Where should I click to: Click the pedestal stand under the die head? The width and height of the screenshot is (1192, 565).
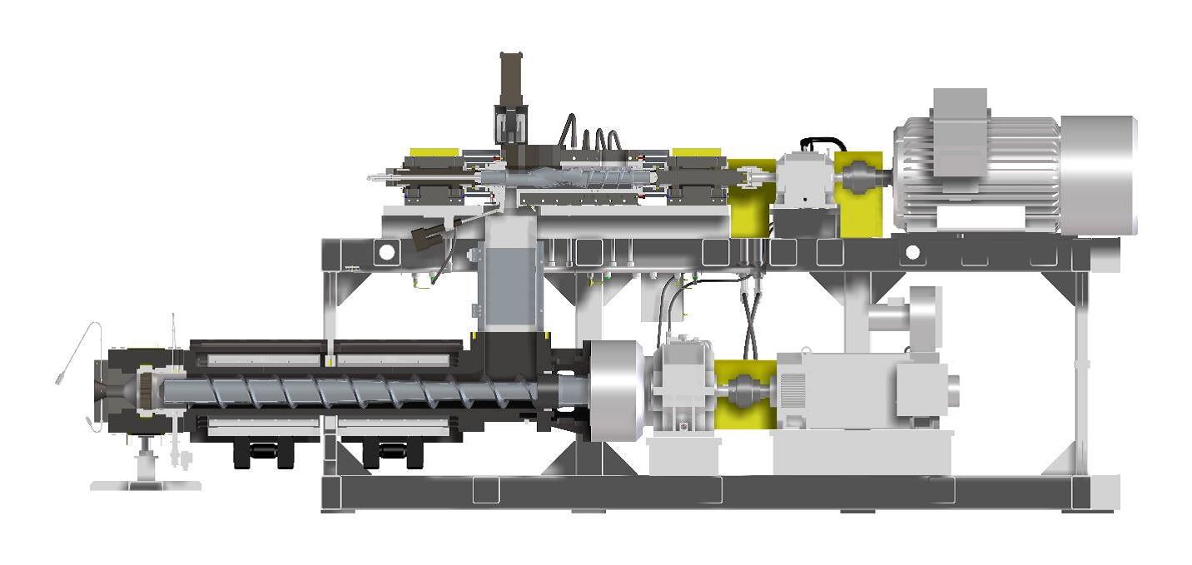click(x=147, y=466)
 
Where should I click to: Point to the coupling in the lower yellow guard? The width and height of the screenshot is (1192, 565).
click(x=743, y=389)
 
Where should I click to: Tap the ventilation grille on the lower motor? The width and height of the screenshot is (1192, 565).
click(x=792, y=389)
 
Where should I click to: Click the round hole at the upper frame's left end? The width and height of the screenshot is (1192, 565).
click(x=385, y=251)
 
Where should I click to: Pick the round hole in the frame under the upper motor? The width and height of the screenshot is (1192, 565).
click(x=912, y=251)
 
